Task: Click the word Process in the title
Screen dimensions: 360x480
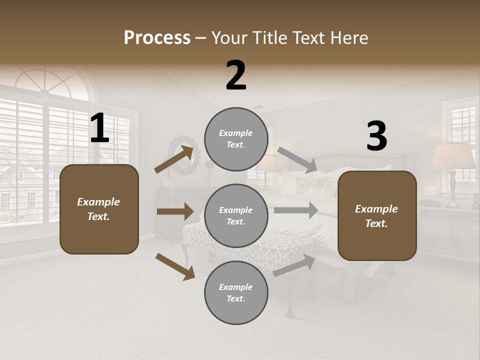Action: click(157, 38)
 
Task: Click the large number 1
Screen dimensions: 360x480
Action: click(99, 128)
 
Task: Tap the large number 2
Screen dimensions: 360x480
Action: click(236, 75)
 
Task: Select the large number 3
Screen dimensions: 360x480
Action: click(377, 136)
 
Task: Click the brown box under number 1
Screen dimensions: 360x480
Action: click(99, 209)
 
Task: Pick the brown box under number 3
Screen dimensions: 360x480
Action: click(377, 215)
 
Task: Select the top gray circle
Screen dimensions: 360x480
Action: click(236, 139)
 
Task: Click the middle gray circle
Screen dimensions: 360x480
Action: click(236, 215)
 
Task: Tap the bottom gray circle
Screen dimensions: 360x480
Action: click(236, 292)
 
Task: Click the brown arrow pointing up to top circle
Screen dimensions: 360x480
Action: click(173, 159)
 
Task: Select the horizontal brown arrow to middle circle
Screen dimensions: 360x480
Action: click(175, 211)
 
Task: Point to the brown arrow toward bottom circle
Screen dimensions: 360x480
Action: click(175, 266)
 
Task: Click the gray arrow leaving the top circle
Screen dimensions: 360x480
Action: click(297, 159)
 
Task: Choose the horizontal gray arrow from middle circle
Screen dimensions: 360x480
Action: click(296, 210)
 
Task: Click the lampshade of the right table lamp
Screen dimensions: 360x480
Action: click(452, 156)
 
